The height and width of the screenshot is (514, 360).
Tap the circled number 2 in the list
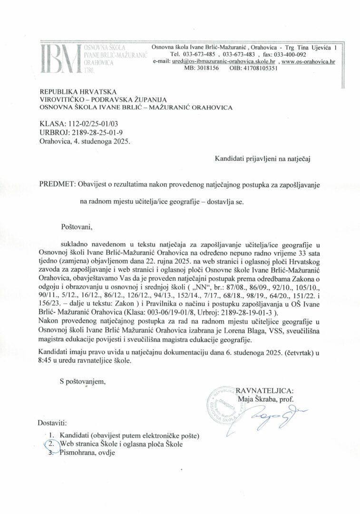pyautogui.click(x=50, y=443)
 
